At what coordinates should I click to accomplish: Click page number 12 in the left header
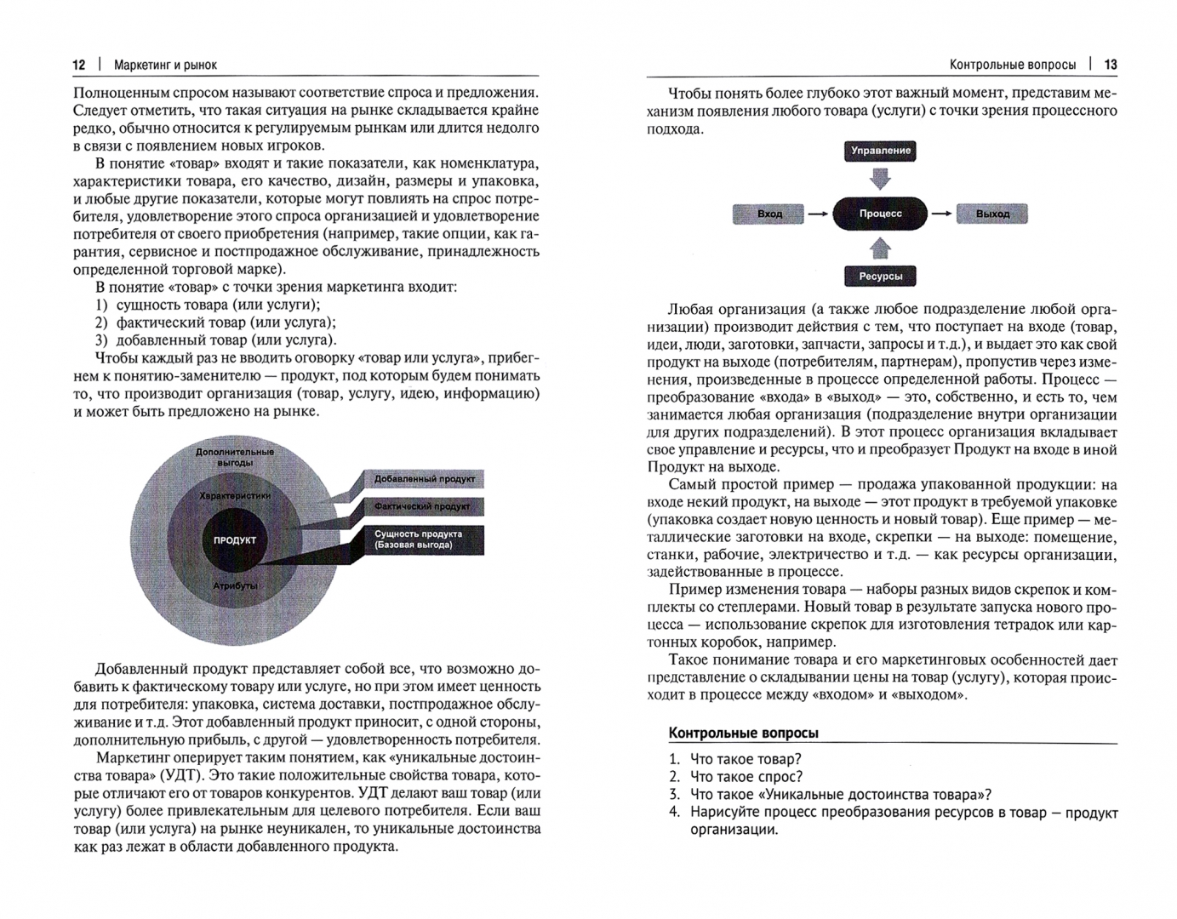coord(79,65)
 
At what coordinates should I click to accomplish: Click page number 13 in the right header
coord(1111,65)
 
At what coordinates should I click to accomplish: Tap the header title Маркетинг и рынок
coord(165,65)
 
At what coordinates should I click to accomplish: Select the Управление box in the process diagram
coord(881,151)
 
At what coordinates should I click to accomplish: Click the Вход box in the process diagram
coord(768,214)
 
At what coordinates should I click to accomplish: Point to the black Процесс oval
coord(881,214)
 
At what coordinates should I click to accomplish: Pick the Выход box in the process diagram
coord(992,214)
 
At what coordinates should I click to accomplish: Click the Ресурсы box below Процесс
coord(881,276)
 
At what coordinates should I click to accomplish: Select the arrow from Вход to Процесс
coord(818,214)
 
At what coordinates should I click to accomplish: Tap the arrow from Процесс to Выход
coord(941,214)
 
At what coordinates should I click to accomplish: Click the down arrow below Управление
coord(881,178)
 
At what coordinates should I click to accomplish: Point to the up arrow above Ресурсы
coord(881,248)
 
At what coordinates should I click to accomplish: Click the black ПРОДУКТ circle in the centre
coord(235,540)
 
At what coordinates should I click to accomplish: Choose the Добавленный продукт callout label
coord(424,479)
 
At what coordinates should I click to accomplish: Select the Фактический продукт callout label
coord(422,506)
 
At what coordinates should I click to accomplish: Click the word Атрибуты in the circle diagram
coord(235,586)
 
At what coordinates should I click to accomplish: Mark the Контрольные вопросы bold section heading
coord(744,733)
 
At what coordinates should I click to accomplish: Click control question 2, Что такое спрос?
coord(746,776)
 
